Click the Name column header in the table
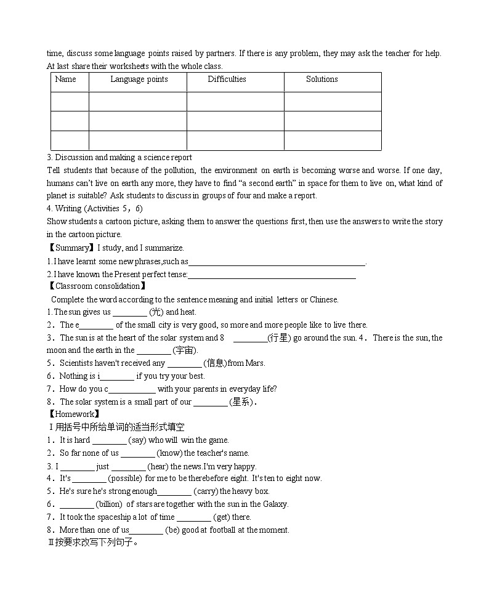(x=65, y=79)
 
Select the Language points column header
(x=139, y=79)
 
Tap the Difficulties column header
(x=227, y=79)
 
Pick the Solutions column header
(x=321, y=79)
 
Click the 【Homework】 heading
(x=73, y=414)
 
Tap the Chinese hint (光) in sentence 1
(x=157, y=312)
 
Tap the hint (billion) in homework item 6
(x=109, y=504)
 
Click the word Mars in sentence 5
(x=256, y=363)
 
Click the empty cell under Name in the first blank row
(x=70, y=102)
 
